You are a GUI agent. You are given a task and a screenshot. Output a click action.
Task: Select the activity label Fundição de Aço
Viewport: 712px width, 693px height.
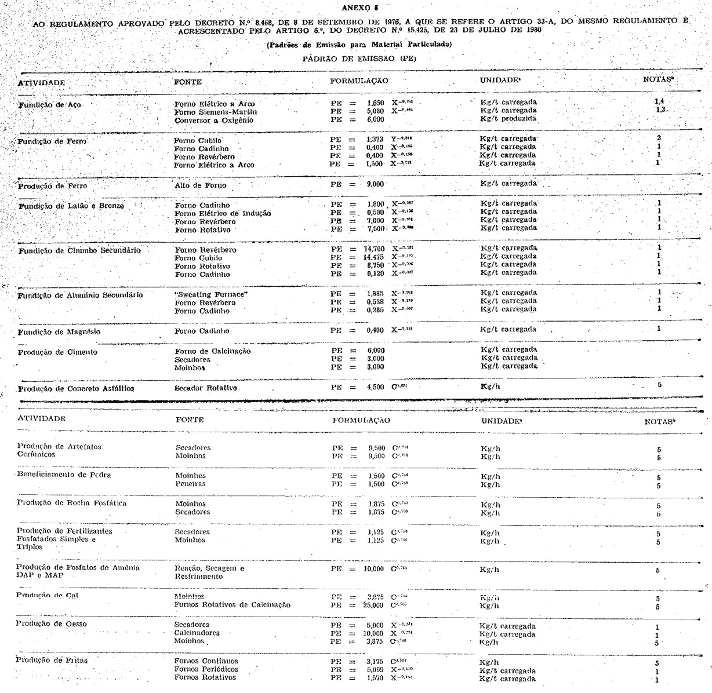point(50,105)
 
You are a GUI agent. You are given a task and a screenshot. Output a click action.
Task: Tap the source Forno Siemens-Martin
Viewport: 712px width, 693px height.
point(216,112)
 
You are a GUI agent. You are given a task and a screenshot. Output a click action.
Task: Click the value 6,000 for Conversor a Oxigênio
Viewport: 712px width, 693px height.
point(375,119)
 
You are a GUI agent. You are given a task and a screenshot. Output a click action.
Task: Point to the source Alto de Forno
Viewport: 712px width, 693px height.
point(201,185)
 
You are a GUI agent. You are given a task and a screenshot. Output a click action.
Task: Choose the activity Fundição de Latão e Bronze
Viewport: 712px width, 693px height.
point(71,206)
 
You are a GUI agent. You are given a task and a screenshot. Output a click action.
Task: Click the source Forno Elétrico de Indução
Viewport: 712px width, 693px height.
point(223,213)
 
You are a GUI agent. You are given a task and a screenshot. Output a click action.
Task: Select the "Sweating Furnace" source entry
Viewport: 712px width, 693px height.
point(211,294)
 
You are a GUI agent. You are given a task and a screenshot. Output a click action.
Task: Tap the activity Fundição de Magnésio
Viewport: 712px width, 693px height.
point(59,332)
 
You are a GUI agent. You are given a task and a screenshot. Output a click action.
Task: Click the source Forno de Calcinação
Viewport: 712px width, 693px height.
point(213,351)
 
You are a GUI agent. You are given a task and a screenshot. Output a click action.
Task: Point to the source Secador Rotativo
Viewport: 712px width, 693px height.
point(206,388)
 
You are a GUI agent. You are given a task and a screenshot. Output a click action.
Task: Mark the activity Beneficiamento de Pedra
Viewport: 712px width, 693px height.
point(64,475)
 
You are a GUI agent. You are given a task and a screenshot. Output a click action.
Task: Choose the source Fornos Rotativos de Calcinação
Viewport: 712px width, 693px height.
point(233,605)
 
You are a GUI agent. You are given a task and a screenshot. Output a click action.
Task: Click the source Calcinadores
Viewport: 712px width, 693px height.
point(197,633)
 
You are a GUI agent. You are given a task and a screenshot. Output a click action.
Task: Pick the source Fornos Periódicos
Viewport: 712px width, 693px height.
point(206,669)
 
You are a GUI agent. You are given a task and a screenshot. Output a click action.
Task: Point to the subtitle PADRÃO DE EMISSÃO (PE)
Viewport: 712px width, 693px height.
point(359,59)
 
